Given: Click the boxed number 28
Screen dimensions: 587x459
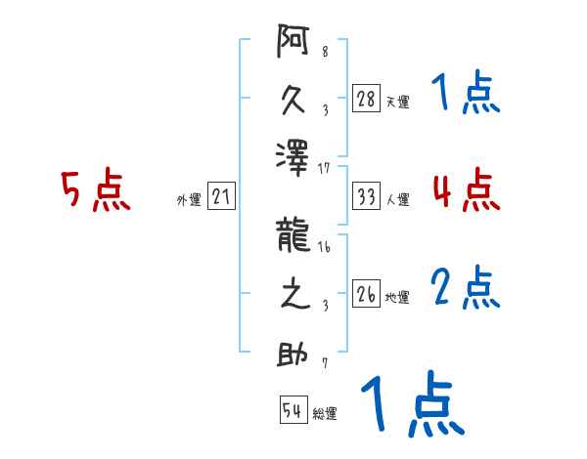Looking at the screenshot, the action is point(366,100).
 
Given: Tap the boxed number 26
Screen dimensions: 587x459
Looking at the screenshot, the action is point(366,295).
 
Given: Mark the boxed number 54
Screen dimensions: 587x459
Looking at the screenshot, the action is point(293,411).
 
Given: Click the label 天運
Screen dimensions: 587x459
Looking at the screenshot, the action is point(397,102).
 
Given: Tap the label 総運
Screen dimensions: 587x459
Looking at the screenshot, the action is point(325,413).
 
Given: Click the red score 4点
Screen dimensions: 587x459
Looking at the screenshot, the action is point(466,189).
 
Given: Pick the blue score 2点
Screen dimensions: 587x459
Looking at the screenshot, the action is point(466,288).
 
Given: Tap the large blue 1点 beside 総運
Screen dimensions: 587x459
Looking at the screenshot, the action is point(411,403).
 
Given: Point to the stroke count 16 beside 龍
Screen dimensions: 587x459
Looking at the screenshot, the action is point(324,248).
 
